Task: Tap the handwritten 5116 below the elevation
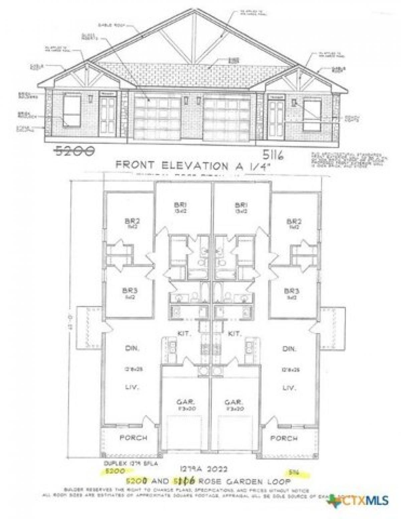(273, 155)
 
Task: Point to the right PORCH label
(284, 438)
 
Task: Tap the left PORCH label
(134, 438)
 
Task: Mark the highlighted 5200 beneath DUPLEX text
(115, 471)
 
